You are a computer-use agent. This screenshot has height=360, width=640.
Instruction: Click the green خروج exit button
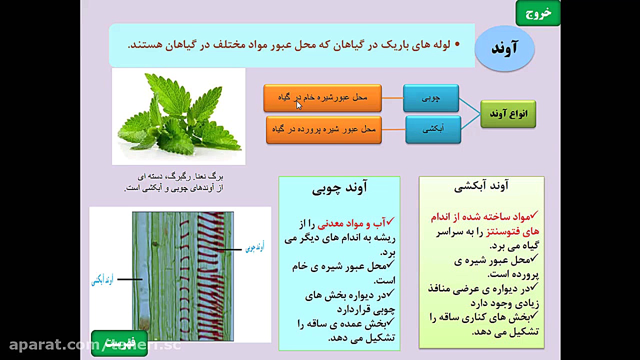pos(538,13)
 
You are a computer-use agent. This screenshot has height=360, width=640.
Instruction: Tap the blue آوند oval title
pos(504,48)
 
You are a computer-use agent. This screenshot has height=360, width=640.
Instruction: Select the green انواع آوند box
pos(508,114)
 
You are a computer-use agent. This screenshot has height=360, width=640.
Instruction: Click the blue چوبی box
pos(431,98)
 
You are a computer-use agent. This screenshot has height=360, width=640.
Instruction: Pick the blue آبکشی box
pos(433,129)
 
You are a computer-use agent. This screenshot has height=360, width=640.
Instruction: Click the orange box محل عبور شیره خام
pos(322,97)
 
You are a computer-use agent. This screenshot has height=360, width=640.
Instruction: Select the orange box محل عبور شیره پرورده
pos(323,129)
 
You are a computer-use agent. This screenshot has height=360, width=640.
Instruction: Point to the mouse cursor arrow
pos(298,104)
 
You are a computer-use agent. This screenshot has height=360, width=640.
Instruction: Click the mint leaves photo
pos(178,116)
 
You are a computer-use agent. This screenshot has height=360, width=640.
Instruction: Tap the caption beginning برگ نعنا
pos(173,182)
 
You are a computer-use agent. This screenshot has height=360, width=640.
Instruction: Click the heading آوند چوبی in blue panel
pos(339,187)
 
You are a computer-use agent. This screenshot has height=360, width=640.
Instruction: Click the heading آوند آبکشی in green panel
pos(481,186)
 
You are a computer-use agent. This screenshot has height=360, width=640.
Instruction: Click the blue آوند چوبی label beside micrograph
pos(254,247)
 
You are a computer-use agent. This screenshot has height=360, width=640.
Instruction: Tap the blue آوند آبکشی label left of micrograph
pos(102,280)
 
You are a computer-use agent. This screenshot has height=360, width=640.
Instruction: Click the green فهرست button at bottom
pos(119,343)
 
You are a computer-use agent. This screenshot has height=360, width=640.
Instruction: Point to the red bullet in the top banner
pos(456,44)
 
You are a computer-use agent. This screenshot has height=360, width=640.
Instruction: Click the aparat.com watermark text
pos(55,345)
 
